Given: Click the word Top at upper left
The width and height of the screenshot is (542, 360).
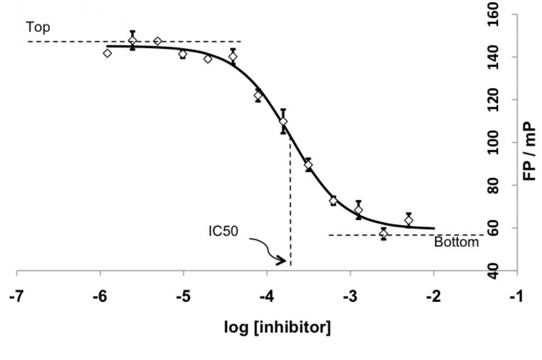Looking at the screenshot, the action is [38, 27].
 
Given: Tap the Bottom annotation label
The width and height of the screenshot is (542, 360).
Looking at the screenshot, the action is [456, 242].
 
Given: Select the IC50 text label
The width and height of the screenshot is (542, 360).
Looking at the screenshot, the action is [223, 231].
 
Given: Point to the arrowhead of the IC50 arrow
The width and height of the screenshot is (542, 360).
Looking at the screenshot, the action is [285, 261].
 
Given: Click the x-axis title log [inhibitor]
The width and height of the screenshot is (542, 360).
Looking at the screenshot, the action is [277, 327].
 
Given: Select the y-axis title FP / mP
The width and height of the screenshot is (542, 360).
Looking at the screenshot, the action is [529, 151].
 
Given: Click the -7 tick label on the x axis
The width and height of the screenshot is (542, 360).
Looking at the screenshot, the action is [17, 297].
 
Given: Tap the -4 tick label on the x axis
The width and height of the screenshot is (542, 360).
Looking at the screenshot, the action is [267, 297].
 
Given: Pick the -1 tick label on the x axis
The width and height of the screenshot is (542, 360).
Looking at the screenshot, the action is [517, 297].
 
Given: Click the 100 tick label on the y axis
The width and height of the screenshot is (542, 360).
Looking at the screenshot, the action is [493, 142].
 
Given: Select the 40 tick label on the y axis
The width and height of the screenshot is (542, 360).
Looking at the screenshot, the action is [493, 271].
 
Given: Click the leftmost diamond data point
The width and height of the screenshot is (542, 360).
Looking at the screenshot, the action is [107, 53].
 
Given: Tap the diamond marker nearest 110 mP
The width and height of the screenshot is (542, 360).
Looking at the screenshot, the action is [283, 122].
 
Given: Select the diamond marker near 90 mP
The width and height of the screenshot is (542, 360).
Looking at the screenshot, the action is [308, 165].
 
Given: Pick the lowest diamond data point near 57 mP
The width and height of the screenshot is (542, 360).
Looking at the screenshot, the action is [383, 234].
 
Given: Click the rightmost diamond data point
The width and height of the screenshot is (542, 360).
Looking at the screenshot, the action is [409, 220].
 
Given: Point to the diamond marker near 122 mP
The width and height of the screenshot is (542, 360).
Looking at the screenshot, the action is [258, 96].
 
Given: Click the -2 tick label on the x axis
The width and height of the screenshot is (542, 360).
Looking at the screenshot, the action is [433, 297].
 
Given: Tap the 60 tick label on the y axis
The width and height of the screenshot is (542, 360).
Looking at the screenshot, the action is [493, 228].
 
